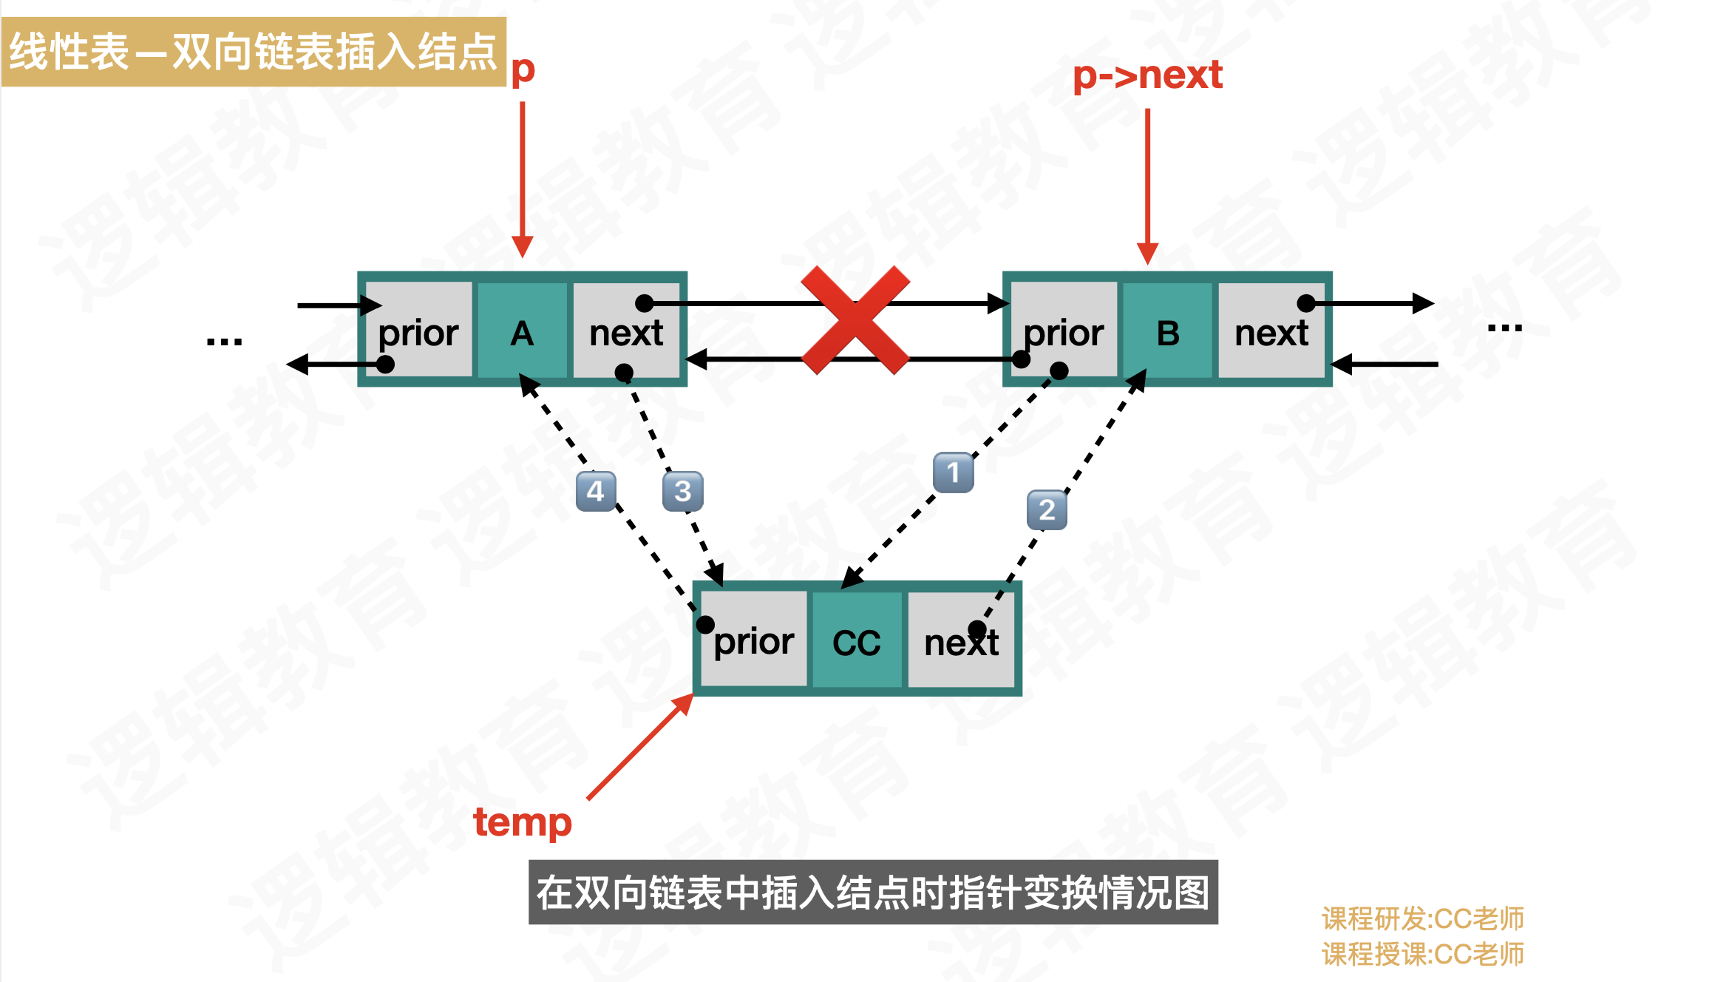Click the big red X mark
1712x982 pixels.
point(855,320)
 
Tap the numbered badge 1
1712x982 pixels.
point(953,473)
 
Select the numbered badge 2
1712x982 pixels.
point(1047,510)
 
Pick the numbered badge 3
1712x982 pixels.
point(682,491)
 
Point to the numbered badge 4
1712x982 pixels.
point(595,491)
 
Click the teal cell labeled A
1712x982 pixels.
point(522,330)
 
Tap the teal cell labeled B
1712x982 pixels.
point(1167,330)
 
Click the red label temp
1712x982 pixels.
point(523,822)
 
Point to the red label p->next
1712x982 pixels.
point(1147,75)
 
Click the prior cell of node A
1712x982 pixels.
point(419,330)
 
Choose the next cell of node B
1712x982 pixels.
point(1271,330)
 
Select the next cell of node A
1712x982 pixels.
point(626,330)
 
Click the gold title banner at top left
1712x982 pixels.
point(254,52)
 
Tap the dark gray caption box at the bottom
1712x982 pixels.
point(873,892)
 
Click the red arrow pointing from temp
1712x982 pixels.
point(639,747)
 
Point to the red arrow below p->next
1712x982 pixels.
point(1147,185)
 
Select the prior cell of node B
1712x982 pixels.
point(1064,330)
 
